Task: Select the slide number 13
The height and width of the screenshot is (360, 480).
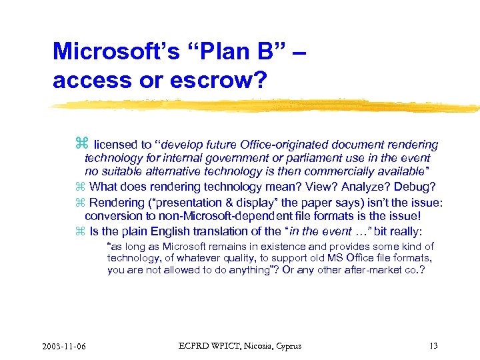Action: pos(434,345)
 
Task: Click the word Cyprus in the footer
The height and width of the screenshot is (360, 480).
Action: pos(287,345)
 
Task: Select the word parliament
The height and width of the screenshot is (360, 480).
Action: pos(313,158)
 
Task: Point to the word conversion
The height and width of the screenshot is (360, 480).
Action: pos(112,216)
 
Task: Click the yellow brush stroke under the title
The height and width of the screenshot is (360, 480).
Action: pos(267,105)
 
